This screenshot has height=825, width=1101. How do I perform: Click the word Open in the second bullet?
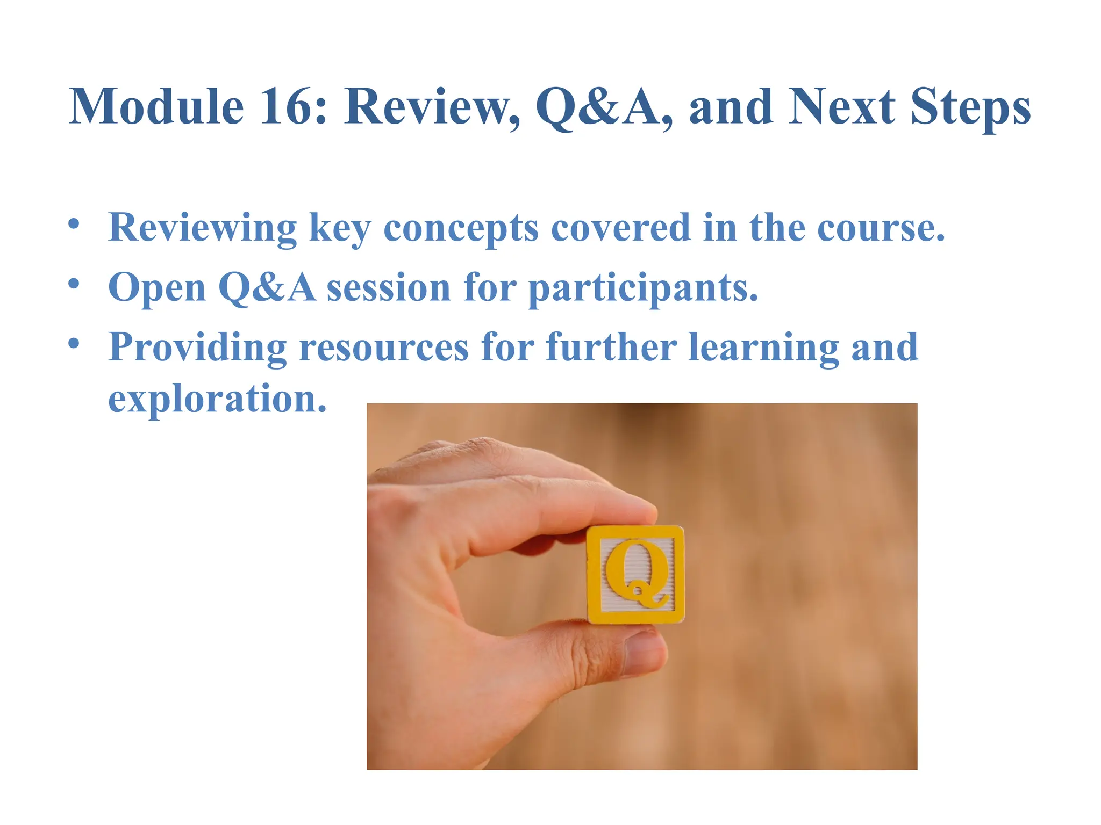click(x=157, y=288)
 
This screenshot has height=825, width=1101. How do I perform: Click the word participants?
click(x=643, y=288)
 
